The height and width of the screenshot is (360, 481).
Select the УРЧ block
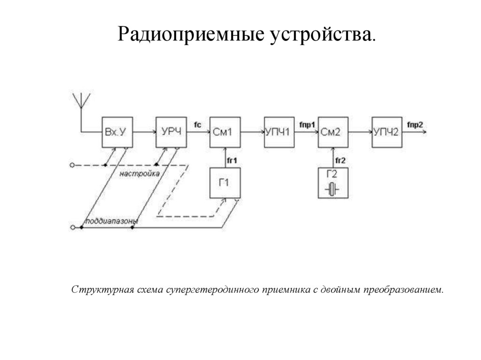(171, 132)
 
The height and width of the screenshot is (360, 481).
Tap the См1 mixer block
(225, 132)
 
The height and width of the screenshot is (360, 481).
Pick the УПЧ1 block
(279, 132)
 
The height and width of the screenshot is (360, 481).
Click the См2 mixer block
(333, 132)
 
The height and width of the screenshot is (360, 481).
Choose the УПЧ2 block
(387, 132)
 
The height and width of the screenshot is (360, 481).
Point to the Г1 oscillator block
(225, 183)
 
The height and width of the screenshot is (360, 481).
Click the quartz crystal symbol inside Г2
(333, 190)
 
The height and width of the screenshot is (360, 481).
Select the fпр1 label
(307, 124)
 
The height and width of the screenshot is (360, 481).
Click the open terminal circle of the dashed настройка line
(72, 165)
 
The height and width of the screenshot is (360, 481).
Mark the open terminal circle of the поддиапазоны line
(72, 228)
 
